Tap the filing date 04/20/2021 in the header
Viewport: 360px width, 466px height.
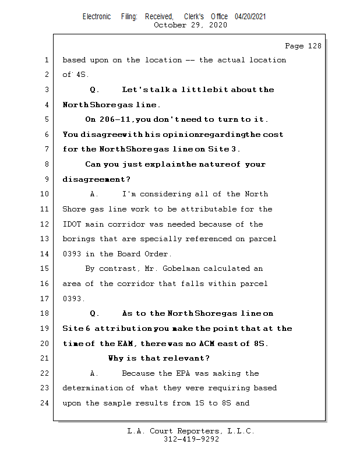(250, 17)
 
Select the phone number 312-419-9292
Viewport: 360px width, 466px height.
(191, 439)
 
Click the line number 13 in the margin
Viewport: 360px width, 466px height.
(47, 239)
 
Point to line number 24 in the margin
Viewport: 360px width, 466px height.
(47, 403)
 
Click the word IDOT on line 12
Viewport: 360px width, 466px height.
(71, 224)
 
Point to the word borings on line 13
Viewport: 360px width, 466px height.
(78, 239)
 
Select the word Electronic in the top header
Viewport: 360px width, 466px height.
(97, 17)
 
